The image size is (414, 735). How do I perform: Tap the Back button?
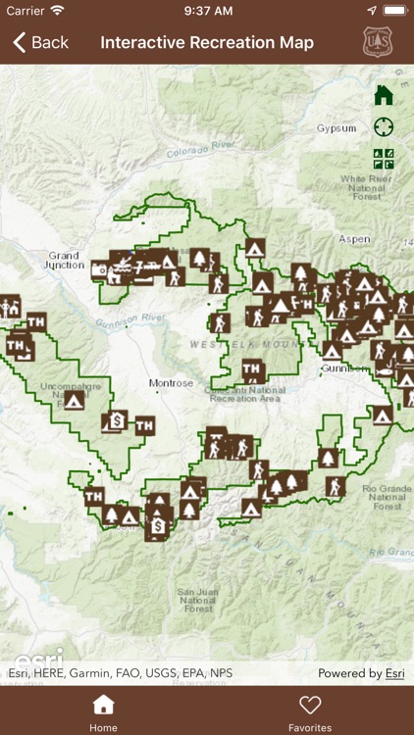coord(40,42)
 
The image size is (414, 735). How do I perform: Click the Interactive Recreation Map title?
coord(207,42)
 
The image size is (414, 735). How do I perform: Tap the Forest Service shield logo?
coord(377,42)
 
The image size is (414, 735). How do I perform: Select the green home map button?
coord(384,95)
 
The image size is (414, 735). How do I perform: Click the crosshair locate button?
coord(384,127)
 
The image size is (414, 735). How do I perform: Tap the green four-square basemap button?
coord(384,159)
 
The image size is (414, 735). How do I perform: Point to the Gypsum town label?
coord(336,128)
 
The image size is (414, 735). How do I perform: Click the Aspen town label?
coord(354,239)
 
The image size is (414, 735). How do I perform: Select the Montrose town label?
coord(171,383)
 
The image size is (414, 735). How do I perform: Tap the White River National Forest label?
coord(366,186)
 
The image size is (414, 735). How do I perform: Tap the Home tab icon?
coord(103,705)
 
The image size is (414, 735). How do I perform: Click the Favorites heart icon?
coord(310,705)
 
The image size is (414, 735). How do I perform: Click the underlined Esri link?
coord(394,673)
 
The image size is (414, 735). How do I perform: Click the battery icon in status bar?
coord(394,10)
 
